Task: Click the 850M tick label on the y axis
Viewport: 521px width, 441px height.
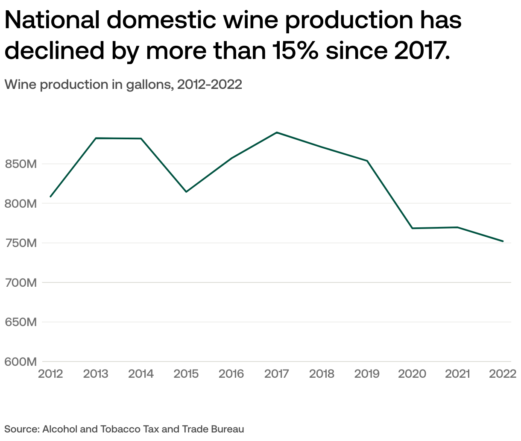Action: pos(20,164)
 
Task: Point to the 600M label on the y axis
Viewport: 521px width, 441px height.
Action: pos(20,362)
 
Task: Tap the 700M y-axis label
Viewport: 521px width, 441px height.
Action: pos(20,283)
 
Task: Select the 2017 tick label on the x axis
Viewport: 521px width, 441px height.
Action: pos(276,374)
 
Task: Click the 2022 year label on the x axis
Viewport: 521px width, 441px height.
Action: pos(503,374)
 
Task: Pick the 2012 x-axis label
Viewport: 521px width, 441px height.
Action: pos(50,374)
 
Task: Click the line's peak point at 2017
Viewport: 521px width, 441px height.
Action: pos(277,132)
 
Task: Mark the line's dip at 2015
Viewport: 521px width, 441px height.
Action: pos(186,192)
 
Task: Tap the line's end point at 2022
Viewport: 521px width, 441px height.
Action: pos(503,241)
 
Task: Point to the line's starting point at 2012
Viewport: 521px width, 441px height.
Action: pos(50,197)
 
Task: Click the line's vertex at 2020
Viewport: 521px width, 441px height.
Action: pos(413,228)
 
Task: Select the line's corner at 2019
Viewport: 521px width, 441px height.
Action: pos(367,161)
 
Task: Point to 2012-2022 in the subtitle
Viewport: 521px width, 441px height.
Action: pos(210,85)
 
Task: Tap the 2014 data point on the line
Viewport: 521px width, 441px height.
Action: pos(141,138)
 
